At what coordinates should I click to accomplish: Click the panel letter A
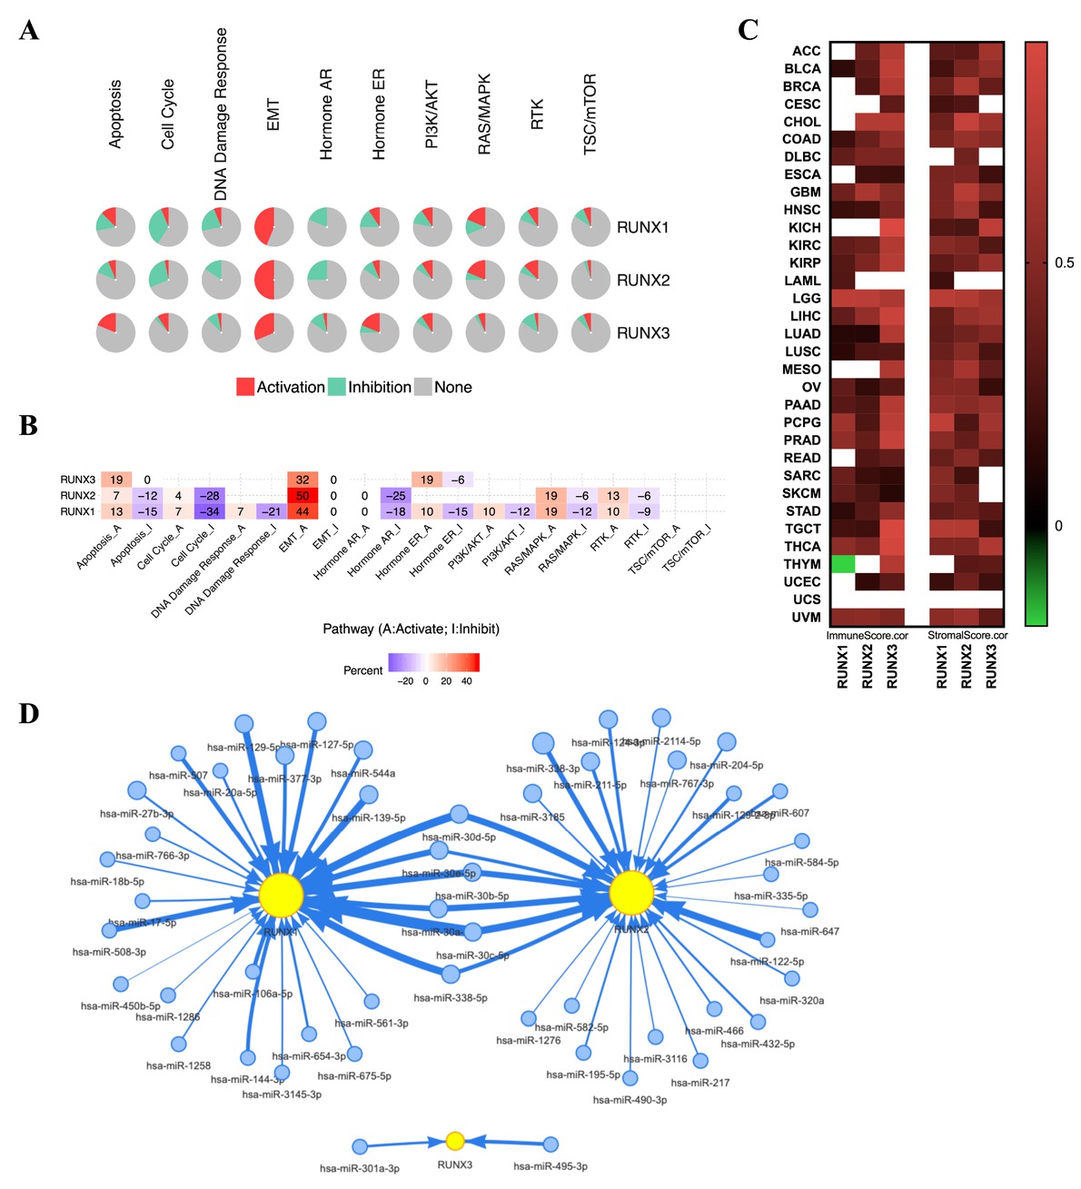point(29,32)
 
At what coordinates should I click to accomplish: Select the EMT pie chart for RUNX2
point(273,280)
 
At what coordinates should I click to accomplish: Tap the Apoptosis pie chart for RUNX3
point(115,332)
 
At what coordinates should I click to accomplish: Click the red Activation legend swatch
point(244,387)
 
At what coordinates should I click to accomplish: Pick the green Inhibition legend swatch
point(336,387)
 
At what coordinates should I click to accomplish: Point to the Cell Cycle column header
point(167,114)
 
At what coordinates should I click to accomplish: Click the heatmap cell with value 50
point(302,496)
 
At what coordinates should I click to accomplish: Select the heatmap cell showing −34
point(209,511)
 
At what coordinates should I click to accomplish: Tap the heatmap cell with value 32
point(302,480)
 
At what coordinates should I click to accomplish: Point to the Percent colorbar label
point(362,670)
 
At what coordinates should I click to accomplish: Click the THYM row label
point(802,564)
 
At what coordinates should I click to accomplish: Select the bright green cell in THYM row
point(843,564)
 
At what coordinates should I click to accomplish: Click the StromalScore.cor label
point(967,636)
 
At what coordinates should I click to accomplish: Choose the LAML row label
point(802,281)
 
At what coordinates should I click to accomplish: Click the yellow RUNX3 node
point(455,1142)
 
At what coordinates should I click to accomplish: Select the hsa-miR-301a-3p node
point(360,1147)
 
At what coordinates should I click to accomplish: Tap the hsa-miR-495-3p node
point(550,1144)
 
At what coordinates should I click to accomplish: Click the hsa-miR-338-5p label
point(451,998)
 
